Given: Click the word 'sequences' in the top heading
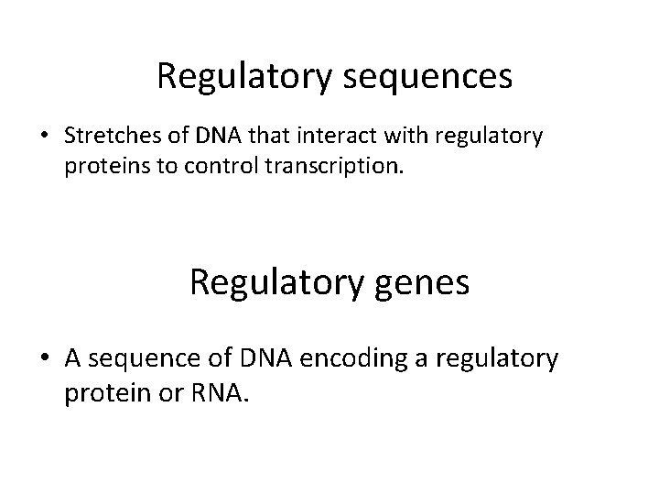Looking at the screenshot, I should pyautogui.click(x=427, y=77).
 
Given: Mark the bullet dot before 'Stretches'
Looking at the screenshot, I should pyautogui.click(x=44, y=137).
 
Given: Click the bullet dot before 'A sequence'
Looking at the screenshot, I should pyautogui.click(x=44, y=359).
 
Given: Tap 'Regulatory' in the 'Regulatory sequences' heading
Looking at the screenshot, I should pyautogui.click(x=244, y=77).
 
